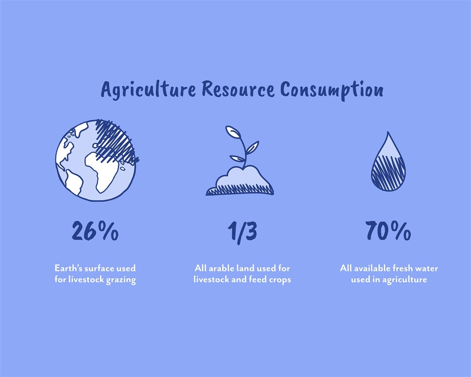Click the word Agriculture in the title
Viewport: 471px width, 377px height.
(x=148, y=90)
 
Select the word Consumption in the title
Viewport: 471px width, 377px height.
(x=332, y=90)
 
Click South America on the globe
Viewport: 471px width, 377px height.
(x=74, y=182)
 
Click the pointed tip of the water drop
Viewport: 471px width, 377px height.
(x=388, y=132)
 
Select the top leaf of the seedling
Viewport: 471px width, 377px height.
(x=233, y=132)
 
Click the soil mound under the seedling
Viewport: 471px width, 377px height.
(x=240, y=181)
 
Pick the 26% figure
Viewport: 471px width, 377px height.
(x=95, y=230)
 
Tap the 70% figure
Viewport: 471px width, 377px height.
(x=389, y=230)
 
